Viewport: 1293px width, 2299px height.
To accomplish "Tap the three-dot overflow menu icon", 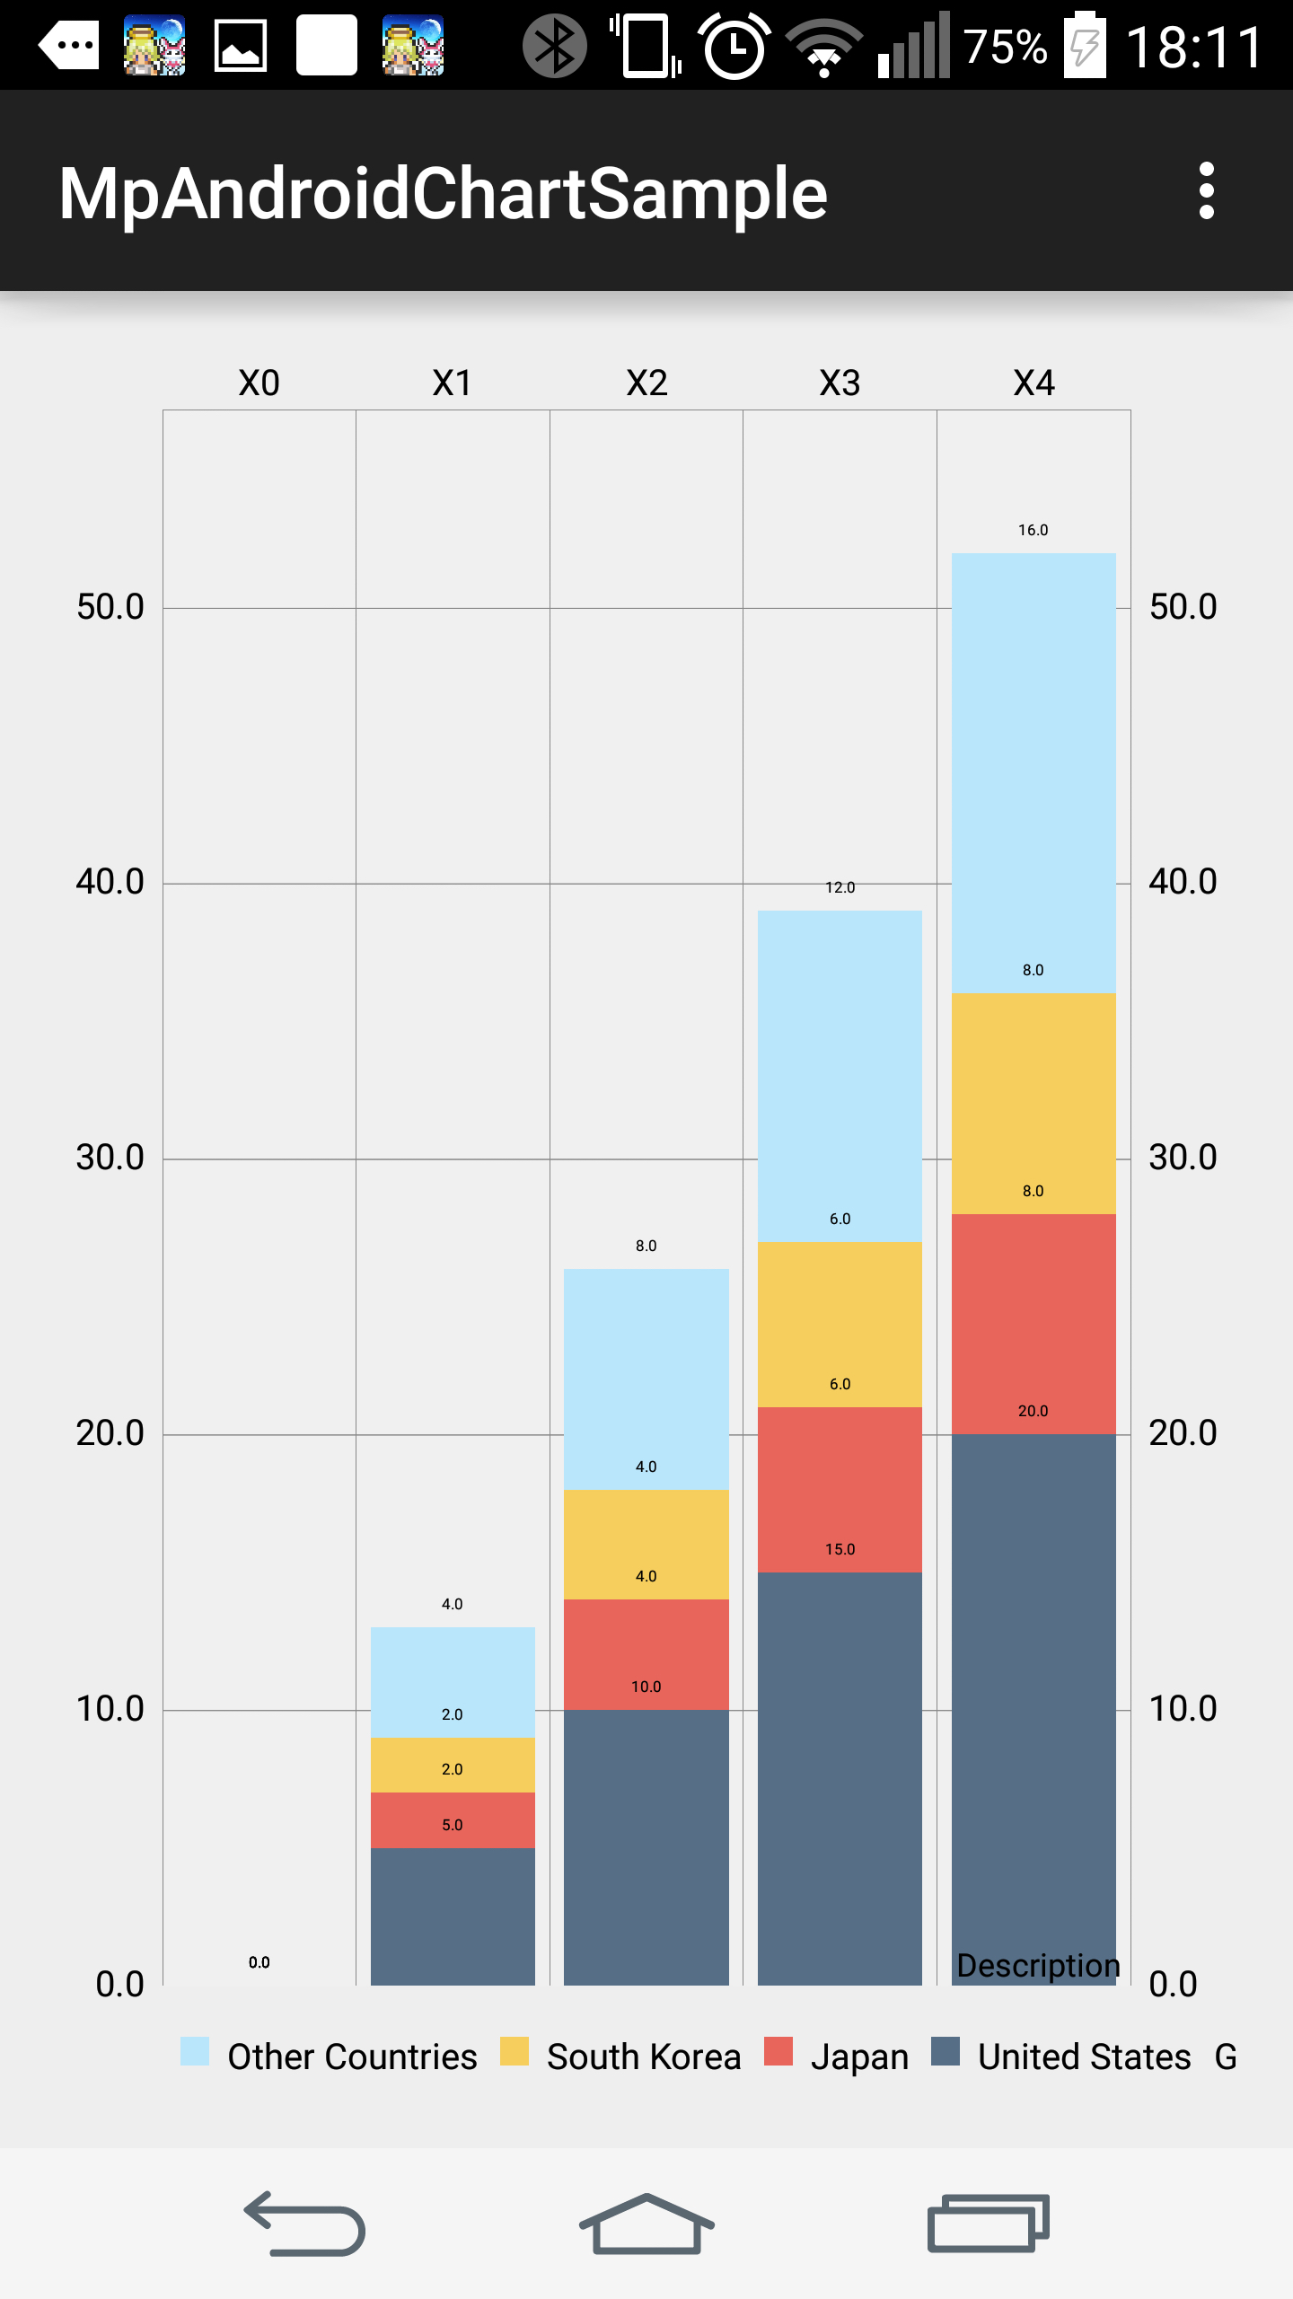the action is pos(1206,190).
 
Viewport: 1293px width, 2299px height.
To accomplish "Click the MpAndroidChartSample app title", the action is pos(443,193).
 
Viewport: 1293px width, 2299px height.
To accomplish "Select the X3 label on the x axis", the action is pos(840,383).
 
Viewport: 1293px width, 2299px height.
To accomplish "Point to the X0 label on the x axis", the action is pos(259,383).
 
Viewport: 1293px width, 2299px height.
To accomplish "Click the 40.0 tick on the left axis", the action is pos(110,882).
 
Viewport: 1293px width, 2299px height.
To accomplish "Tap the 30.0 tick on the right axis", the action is pos(1183,1158).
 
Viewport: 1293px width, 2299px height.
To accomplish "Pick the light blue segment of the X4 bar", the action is pos(1034,773).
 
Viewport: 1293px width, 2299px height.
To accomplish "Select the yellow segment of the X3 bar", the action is pos(840,1325).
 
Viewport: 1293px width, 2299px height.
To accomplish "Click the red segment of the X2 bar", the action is pos(646,1654).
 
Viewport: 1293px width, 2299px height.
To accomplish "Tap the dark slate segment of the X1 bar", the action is pos(453,1916).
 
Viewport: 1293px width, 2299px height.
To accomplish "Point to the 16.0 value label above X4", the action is pos(1033,530).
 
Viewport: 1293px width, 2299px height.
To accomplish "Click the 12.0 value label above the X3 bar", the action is pos(840,887).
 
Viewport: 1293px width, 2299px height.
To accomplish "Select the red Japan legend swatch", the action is pos(778,2051).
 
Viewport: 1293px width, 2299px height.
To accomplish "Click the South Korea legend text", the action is pos(644,2057).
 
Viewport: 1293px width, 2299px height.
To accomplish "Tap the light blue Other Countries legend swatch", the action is pos(195,2051).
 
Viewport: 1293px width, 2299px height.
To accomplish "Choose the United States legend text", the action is pos(1084,2057).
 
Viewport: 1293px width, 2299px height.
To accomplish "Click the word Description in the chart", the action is pos(1038,1966).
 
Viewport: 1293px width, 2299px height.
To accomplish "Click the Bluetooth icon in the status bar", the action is pos(555,46).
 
